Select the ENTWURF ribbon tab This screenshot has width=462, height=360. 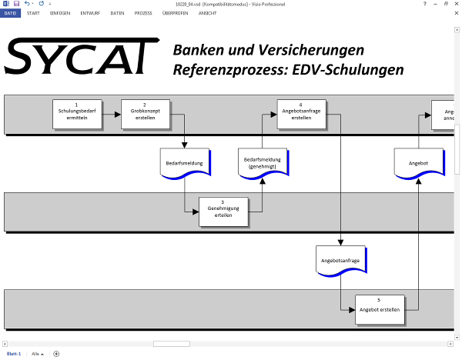[x=90, y=13]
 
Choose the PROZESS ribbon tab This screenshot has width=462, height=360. [x=142, y=13]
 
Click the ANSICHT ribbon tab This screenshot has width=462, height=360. [x=207, y=13]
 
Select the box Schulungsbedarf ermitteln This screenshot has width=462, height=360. [x=77, y=115]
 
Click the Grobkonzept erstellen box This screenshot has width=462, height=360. [x=145, y=115]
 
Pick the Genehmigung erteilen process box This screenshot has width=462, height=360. [x=223, y=211]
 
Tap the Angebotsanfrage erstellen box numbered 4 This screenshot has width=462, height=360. [x=300, y=115]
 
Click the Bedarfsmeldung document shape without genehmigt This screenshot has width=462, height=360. [x=185, y=163]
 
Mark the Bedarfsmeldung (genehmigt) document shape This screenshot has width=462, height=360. [x=263, y=162]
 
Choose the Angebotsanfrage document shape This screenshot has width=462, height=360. [x=340, y=262]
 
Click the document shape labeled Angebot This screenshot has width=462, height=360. [x=417, y=163]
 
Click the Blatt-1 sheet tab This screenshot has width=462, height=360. [x=14, y=353]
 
